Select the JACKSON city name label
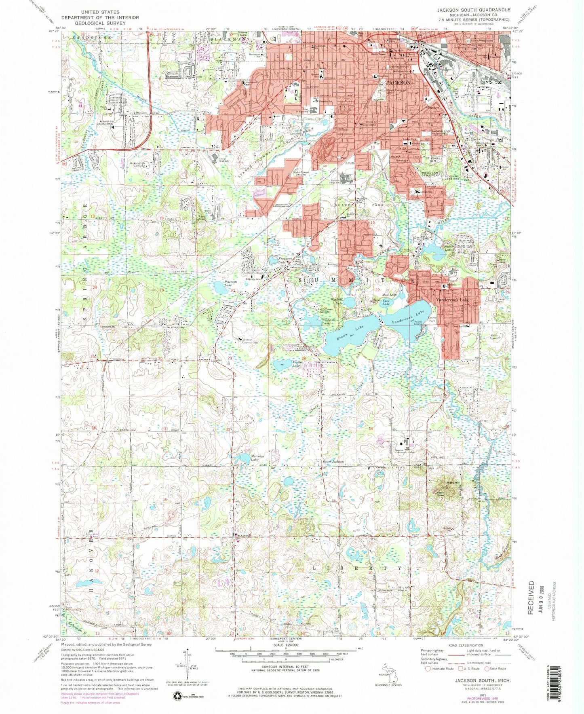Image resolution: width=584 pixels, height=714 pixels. click(x=398, y=83)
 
